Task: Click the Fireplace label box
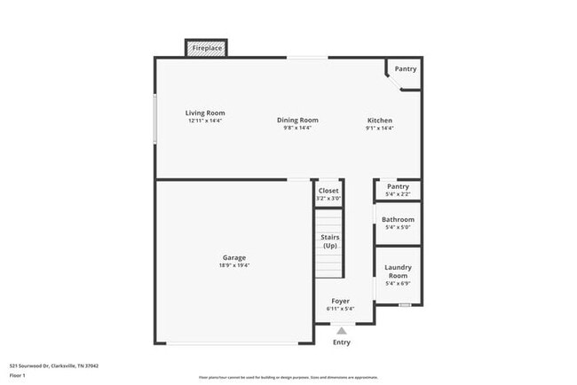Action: pos(206,48)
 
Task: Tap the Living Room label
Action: pos(205,113)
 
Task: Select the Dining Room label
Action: pos(297,120)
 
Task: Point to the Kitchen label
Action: pos(380,120)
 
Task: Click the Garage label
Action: pos(234,257)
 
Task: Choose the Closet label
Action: pos(328,190)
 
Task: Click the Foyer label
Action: pos(341,301)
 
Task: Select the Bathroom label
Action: pos(398,219)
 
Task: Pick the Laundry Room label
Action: pos(398,271)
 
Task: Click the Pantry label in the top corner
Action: pos(406,68)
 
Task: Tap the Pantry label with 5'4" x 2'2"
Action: pos(398,186)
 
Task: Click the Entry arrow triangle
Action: pos(341,330)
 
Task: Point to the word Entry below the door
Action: pos(341,342)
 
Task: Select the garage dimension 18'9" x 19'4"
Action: pos(234,265)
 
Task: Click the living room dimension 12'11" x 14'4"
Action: pos(205,121)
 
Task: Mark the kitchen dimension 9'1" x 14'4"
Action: pos(380,128)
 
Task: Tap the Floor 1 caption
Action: pos(19,375)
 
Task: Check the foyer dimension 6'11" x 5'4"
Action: pos(341,309)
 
